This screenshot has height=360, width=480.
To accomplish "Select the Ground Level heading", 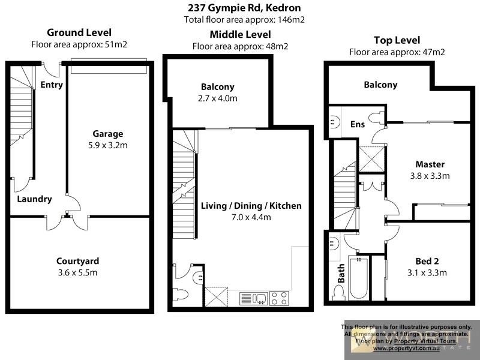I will (x=79, y=32).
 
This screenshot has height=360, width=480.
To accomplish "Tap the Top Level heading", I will (x=397, y=40).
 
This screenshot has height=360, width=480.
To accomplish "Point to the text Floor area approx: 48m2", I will (x=240, y=46).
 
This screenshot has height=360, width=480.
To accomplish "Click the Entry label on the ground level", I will (x=52, y=85).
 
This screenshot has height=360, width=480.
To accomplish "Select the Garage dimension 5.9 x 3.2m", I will (x=108, y=145).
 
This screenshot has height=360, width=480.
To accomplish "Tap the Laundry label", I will (x=34, y=199).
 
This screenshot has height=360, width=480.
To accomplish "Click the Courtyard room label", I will (x=77, y=261).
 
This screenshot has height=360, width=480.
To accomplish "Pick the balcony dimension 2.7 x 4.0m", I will (x=218, y=98).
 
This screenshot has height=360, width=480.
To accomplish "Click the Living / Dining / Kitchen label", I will (x=251, y=206).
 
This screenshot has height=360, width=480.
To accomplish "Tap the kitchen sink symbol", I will (x=253, y=298).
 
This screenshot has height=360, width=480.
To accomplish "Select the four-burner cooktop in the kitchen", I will (x=279, y=298).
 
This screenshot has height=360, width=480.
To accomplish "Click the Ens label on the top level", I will (x=358, y=124).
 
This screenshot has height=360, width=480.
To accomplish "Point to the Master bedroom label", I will (x=430, y=164).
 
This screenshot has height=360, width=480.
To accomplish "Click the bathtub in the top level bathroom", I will (x=359, y=278).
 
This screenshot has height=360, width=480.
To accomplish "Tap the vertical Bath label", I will (x=340, y=273).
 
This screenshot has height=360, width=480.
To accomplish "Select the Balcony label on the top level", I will (x=380, y=85).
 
